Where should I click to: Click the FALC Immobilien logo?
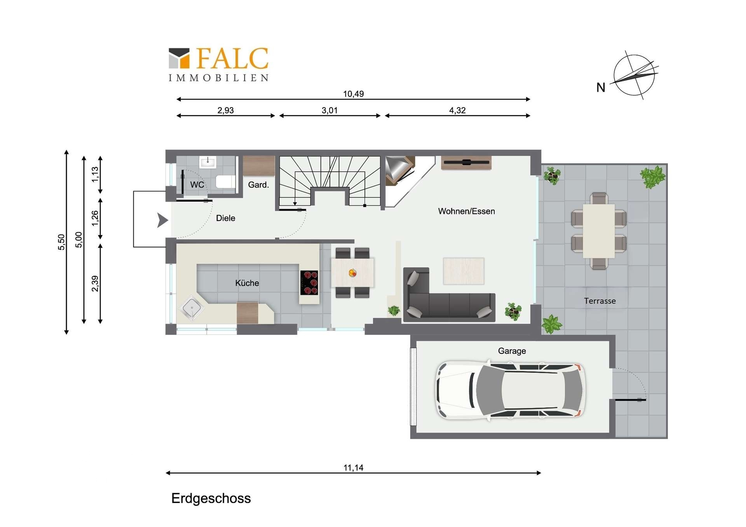pyautogui.click(x=218, y=64)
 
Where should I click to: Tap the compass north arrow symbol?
pyautogui.click(x=634, y=75)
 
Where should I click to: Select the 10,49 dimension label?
pyautogui.click(x=353, y=94)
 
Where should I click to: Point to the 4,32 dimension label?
pyautogui.click(x=457, y=110)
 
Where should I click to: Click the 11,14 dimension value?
pyautogui.click(x=353, y=468)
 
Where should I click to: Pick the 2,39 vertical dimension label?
pyautogui.click(x=95, y=284)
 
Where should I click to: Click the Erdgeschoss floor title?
pyautogui.click(x=211, y=498)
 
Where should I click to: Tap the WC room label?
pyautogui.click(x=197, y=184)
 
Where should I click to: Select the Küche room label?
pyautogui.click(x=247, y=283)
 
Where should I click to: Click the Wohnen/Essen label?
pyautogui.click(x=467, y=211)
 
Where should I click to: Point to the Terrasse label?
pyautogui.click(x=600, y=301)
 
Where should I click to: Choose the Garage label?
pyautogui.click(x=512, y=351)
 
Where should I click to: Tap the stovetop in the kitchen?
pyautogui.click(x=309, y=282)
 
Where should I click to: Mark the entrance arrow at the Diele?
pyautogui.click(x=162, y=220)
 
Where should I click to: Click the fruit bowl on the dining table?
pyautogui.click(x=352, y=273)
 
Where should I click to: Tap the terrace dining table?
pyautogui.click(x=599, y=231)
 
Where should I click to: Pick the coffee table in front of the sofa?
pyautogui.click(x=464, y=271)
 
